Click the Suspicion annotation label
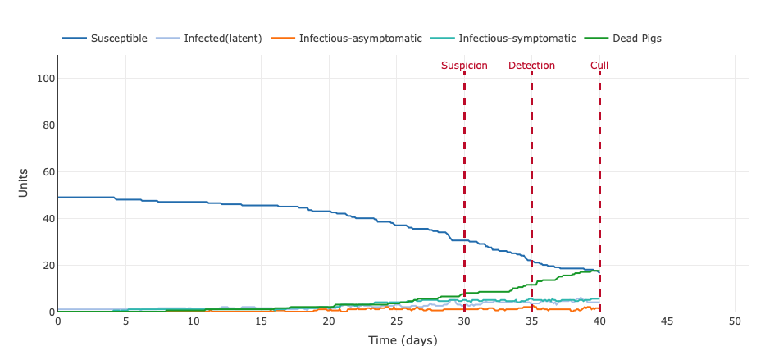coord(464,66)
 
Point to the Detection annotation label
coord(531,66)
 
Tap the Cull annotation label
coord(599,66)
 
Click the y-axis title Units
coord(24,182)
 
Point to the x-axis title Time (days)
coord(403,340)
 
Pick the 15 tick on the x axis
coord(261,321)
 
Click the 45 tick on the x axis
coord(667,321)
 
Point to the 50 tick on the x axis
coord(735,321)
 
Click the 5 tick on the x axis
coord(125,321)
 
